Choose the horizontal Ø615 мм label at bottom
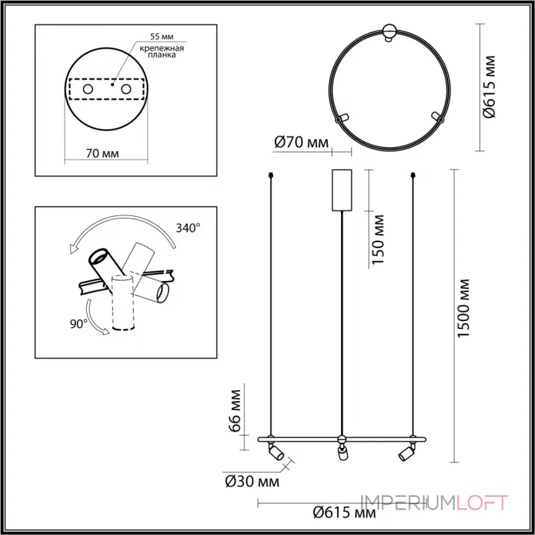(x=344, y=513)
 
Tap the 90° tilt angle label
(x=78, y=324)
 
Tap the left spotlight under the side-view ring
(x=274, y=453)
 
